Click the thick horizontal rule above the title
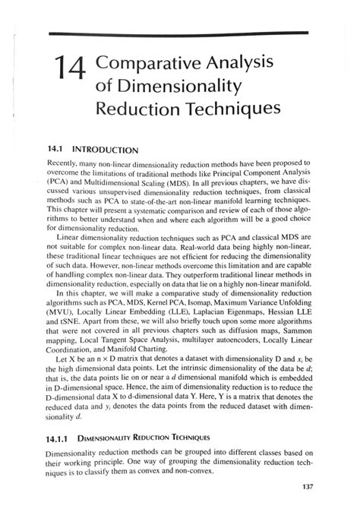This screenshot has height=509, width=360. (178, 33)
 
